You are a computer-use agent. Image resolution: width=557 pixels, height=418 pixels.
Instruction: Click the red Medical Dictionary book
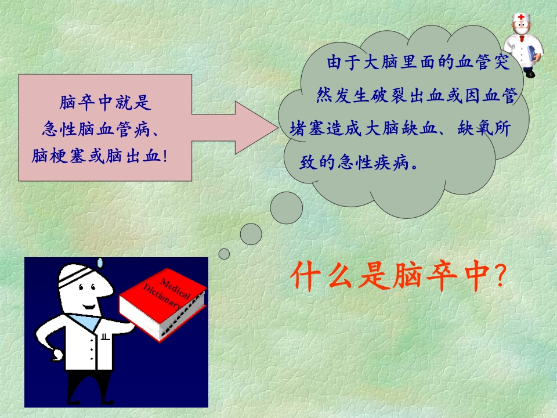[162, 302]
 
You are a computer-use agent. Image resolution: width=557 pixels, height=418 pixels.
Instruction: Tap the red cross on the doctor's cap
[520, 18]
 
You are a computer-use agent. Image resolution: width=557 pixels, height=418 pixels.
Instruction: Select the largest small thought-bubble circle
[287, 207]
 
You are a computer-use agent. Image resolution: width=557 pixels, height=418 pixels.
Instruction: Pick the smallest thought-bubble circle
[224, 254]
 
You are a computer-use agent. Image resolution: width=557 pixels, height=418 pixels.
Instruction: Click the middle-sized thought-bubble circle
[251, 234]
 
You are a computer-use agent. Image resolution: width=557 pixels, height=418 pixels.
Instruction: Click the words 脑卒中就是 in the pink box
[105, 103]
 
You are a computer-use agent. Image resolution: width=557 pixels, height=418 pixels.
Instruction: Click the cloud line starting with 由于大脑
[418, 63]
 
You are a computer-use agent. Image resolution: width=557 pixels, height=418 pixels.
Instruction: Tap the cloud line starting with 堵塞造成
[400, 129]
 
